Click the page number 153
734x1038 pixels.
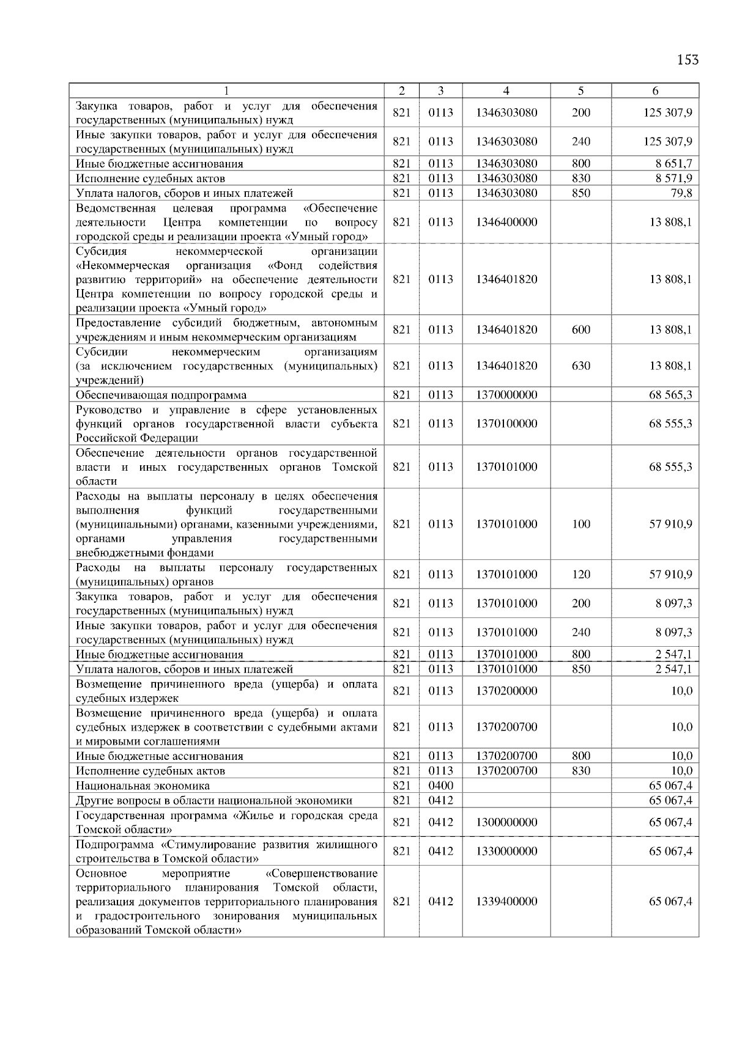click(688, 60)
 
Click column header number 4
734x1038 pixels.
click(506, 91)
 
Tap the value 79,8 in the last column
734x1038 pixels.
click(681, 193)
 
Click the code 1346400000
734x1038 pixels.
click(506, 222)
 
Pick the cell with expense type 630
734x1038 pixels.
click(580, 366)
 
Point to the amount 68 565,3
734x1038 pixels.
click(670, 395)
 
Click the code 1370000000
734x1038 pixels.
click(506, 395)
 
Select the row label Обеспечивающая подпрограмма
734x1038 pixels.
click(161, 395)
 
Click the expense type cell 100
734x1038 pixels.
click(580, 525)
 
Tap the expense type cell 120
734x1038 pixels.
click(580, 575)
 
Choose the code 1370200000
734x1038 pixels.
click(506, 691)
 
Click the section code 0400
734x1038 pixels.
click(440, 786)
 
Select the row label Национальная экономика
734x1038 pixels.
click(143, 786)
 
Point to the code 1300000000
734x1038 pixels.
click(506, 822)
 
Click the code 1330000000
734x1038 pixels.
click(506, 851)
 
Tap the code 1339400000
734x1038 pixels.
click(506, 902)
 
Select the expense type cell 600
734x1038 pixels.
click(580, 330)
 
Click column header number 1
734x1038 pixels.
click(226, 91)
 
